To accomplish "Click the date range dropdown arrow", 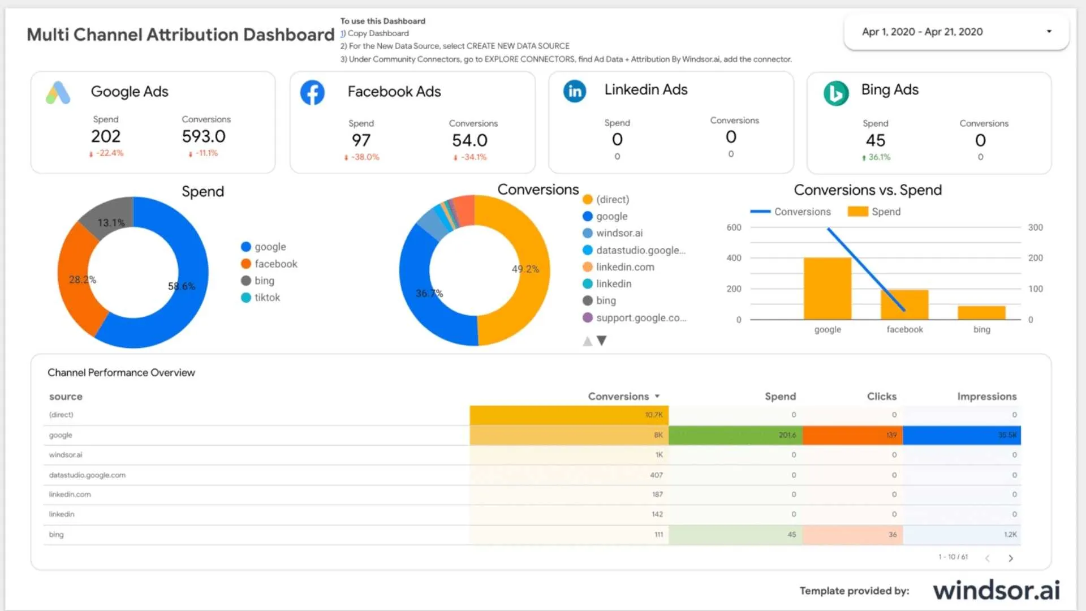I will pos(1049,32).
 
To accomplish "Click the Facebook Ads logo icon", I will pos(312,93).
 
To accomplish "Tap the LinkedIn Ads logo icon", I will pos(575,91).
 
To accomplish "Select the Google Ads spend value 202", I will pos(106,136).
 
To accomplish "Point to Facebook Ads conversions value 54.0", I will pos(469,140).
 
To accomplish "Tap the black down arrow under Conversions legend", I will pos(602,341).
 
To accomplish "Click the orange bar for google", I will pos(827,289).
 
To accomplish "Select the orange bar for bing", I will pos(981,313).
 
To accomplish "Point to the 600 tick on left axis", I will pos(734,227).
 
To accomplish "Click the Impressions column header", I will pos(986,397).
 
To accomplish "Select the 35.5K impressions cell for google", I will pos(962,435).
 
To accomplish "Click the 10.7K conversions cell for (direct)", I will pos(568,415).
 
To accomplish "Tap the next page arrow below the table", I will pos(1011,558).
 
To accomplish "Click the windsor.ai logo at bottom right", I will pos(996,590).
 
